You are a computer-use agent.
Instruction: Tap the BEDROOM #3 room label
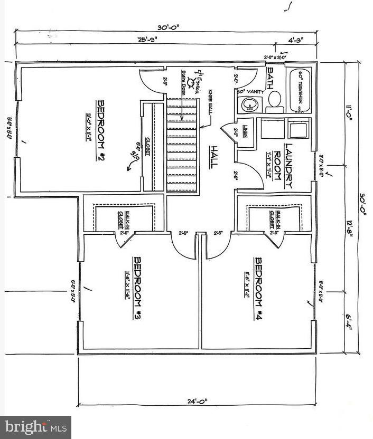(x=136, y=288)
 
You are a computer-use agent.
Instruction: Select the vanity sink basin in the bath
(x=247, y=104)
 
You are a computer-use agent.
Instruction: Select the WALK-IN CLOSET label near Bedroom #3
(x=121, y=216)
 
